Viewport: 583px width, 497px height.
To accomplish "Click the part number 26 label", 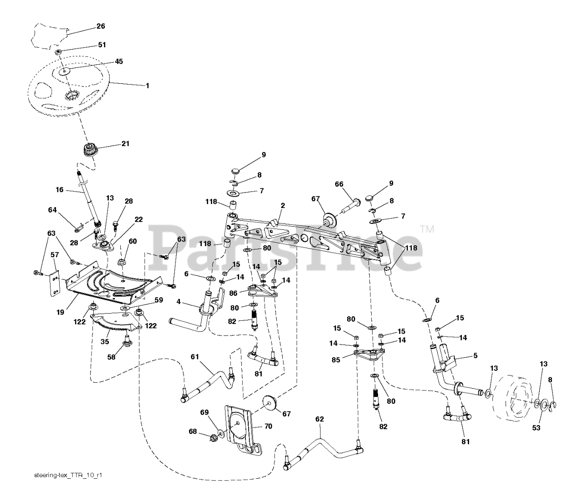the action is (101, 26).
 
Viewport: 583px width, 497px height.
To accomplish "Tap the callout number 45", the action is (119, 61).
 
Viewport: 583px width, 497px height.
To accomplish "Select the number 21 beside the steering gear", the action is (125, 143).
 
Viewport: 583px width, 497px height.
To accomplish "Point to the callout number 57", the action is (55, 255).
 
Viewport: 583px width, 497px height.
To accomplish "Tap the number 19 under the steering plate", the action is (61, 312).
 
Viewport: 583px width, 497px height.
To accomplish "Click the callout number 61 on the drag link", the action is (194, 357).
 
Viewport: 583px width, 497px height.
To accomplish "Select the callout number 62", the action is (320, 419).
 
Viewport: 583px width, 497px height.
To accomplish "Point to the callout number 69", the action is (205, 412).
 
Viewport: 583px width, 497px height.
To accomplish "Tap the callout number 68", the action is (193, 431).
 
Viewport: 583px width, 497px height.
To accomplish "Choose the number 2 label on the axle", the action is (282, 206).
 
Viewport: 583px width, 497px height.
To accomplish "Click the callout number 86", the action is (233, 293).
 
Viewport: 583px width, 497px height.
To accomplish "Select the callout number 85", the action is (336, 360).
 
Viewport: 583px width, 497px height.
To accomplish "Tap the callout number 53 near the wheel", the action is (536, 428).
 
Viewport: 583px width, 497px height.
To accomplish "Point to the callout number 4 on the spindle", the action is (178, 302).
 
